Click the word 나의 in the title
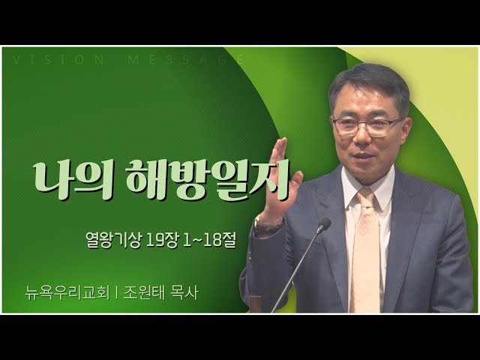[74, 181]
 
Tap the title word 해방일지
[208, 181]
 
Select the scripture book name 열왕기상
[114, 240]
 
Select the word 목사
[185, 292]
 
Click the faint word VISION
[58, 59]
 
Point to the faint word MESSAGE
[185, 59]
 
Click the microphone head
[324, 224]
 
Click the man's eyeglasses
[367, 127]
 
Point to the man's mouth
[365, 156]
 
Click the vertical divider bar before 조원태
[117, 293]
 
